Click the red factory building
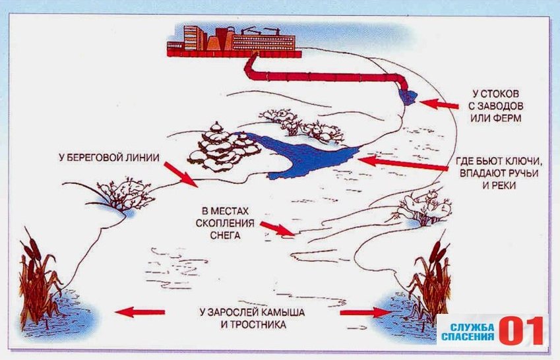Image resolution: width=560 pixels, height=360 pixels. [x=234, y=41]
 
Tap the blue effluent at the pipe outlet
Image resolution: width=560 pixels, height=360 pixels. [x=408, y=97]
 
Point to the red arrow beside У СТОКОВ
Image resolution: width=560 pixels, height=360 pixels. [x=439, y=104]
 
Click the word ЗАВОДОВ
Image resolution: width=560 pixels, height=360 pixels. [x=501, y=105]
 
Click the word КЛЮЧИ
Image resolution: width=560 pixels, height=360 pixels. [x=522, y=162]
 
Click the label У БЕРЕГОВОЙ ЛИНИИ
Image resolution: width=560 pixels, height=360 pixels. [x=109, y=158]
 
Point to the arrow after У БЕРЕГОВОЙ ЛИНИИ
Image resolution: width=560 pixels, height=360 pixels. [x=181, y=175]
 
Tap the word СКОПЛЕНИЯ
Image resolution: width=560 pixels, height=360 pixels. [x=225, y=224]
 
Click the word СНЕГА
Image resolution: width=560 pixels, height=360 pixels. [x=225, y=235]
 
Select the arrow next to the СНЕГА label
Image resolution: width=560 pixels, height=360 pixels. [x=278, y=229]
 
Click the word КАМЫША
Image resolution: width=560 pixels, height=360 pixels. [x=282, y=313]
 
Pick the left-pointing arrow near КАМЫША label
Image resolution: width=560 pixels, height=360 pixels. [x=140, y=312]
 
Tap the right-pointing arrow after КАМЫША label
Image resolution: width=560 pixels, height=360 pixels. [x=365, y=313]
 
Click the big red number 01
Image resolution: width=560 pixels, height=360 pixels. [x=521, y=331]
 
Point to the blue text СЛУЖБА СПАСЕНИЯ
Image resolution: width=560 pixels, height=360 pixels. [x=468, y=332]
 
